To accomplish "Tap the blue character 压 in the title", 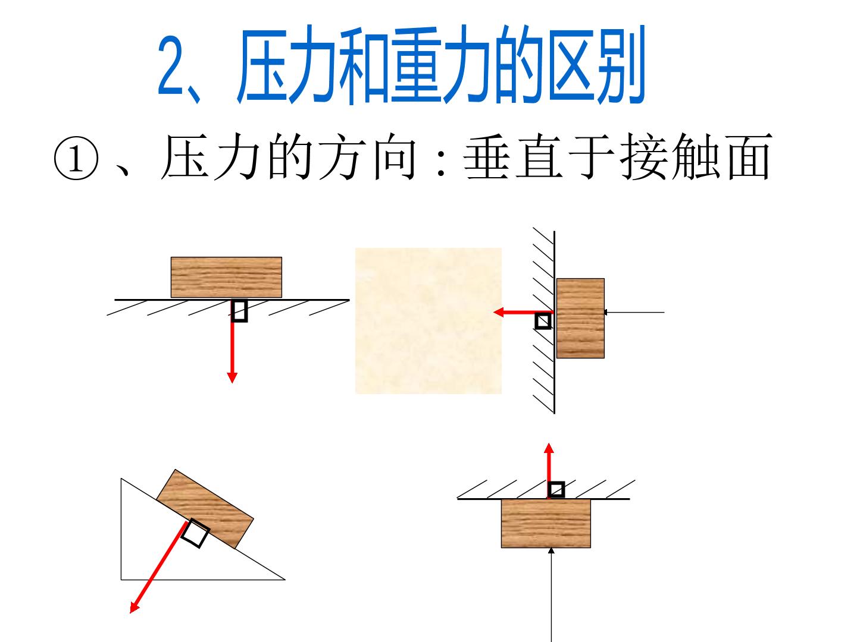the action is point(266,64).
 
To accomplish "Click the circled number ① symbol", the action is point(76,158).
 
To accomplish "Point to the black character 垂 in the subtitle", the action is point(486,157).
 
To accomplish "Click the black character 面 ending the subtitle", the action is point(750,157).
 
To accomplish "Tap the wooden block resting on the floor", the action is point(226,277).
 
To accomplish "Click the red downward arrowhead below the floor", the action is point(232,377).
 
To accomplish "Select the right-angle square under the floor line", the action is point(239,310).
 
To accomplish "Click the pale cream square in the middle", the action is point(428,320).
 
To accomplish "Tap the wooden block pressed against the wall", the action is point(580,318).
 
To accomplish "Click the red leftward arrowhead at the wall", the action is point(499,312).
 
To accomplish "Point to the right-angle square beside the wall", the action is point(543,321).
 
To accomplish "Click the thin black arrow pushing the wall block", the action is point(634,312).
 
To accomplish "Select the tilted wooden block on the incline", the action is point(205,509).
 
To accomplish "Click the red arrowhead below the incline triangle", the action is point(135,608).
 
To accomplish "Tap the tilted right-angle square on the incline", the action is point(195,533).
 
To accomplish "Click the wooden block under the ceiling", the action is point(546,524).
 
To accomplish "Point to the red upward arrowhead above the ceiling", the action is point(549,448).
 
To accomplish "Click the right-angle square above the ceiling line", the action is point(556,490).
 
